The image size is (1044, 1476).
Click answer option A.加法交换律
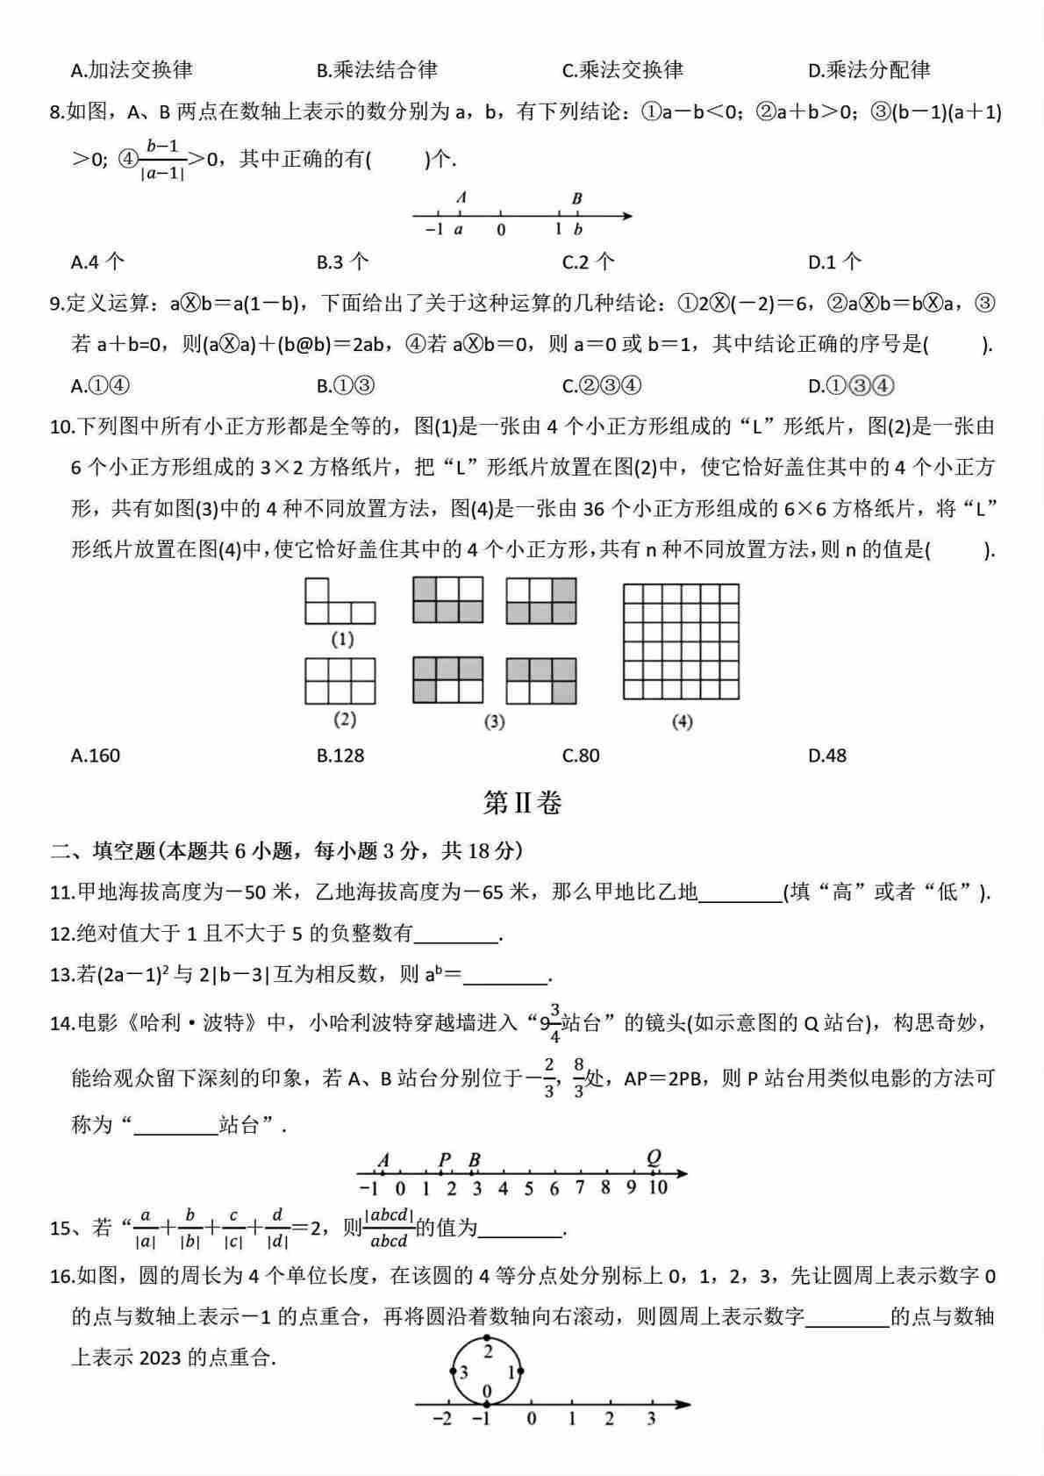[x=132, y=70]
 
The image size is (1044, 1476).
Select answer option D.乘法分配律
[x=869, y=70]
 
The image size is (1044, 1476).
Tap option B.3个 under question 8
[x=342, y=262]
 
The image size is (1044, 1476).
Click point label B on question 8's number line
[x=576, y=199]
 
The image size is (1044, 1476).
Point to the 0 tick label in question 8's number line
[x=501, y=230]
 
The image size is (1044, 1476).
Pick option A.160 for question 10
[x=96, y=756]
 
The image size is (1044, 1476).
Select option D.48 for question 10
[x=826, y=756]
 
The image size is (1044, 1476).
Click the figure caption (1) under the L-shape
[x=342, y=639]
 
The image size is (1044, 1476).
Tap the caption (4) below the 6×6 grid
[x=682, y=722]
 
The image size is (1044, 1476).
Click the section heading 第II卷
[x=522, y=802]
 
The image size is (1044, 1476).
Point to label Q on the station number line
[x=654, y=1157]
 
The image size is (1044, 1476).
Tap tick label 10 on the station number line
[x=658, y=1188]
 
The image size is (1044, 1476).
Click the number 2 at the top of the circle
[x=488, y=1351]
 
